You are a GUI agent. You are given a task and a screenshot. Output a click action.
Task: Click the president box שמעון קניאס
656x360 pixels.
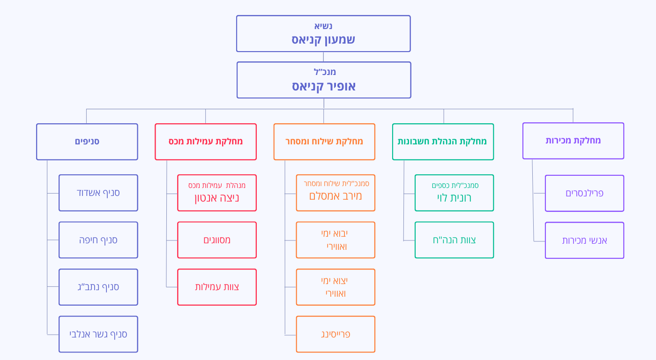coord(323,34)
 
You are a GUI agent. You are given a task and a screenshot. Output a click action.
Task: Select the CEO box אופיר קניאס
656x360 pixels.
coord(323,80)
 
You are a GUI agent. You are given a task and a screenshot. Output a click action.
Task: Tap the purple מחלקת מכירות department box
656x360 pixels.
coord(573,141)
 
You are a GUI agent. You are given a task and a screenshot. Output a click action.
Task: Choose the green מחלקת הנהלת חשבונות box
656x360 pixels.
coord(443,142)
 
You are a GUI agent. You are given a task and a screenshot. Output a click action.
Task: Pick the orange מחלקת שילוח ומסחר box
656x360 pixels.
coord(324,142)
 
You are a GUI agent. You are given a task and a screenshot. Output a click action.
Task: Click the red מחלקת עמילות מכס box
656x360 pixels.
coord(206,142)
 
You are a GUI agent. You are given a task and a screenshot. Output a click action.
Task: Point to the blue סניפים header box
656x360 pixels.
coord(87,142)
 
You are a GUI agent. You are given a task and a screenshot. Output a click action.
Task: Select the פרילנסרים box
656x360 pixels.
coord(584,193)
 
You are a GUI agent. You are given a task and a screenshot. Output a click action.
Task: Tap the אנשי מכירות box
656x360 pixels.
coord(584,240)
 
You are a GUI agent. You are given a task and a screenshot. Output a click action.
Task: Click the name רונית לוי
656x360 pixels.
coord(454,198)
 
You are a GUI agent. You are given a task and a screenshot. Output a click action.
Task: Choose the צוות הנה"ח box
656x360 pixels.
coord(454,240)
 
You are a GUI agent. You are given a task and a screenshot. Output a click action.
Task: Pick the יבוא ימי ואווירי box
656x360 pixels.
coord(335,240)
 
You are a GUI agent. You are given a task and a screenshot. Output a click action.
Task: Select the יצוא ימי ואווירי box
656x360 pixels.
coord(335,287)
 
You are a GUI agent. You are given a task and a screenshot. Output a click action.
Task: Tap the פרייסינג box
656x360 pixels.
coord(335,334)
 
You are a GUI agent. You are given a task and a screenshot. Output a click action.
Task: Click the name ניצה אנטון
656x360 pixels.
coord(217,198)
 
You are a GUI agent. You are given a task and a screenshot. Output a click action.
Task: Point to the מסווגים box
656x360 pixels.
coord(217,240)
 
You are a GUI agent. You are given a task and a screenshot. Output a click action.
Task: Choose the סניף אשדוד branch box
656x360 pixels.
coord(98,193)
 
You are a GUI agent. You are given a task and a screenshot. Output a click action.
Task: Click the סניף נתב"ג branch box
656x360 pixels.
coord(98,287)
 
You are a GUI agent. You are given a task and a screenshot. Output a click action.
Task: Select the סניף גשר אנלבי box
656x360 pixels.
coord(98,334)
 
